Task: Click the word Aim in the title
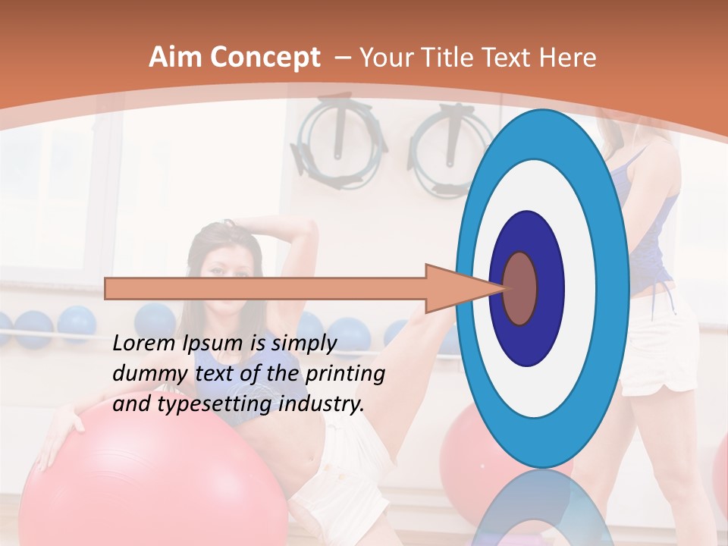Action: (x=175, y=58)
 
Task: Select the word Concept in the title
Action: (x=265, y=58)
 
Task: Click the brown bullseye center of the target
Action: (x=520, y=288)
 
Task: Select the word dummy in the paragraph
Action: (x=144, y=374)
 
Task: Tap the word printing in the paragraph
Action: (x=345, y=375)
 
